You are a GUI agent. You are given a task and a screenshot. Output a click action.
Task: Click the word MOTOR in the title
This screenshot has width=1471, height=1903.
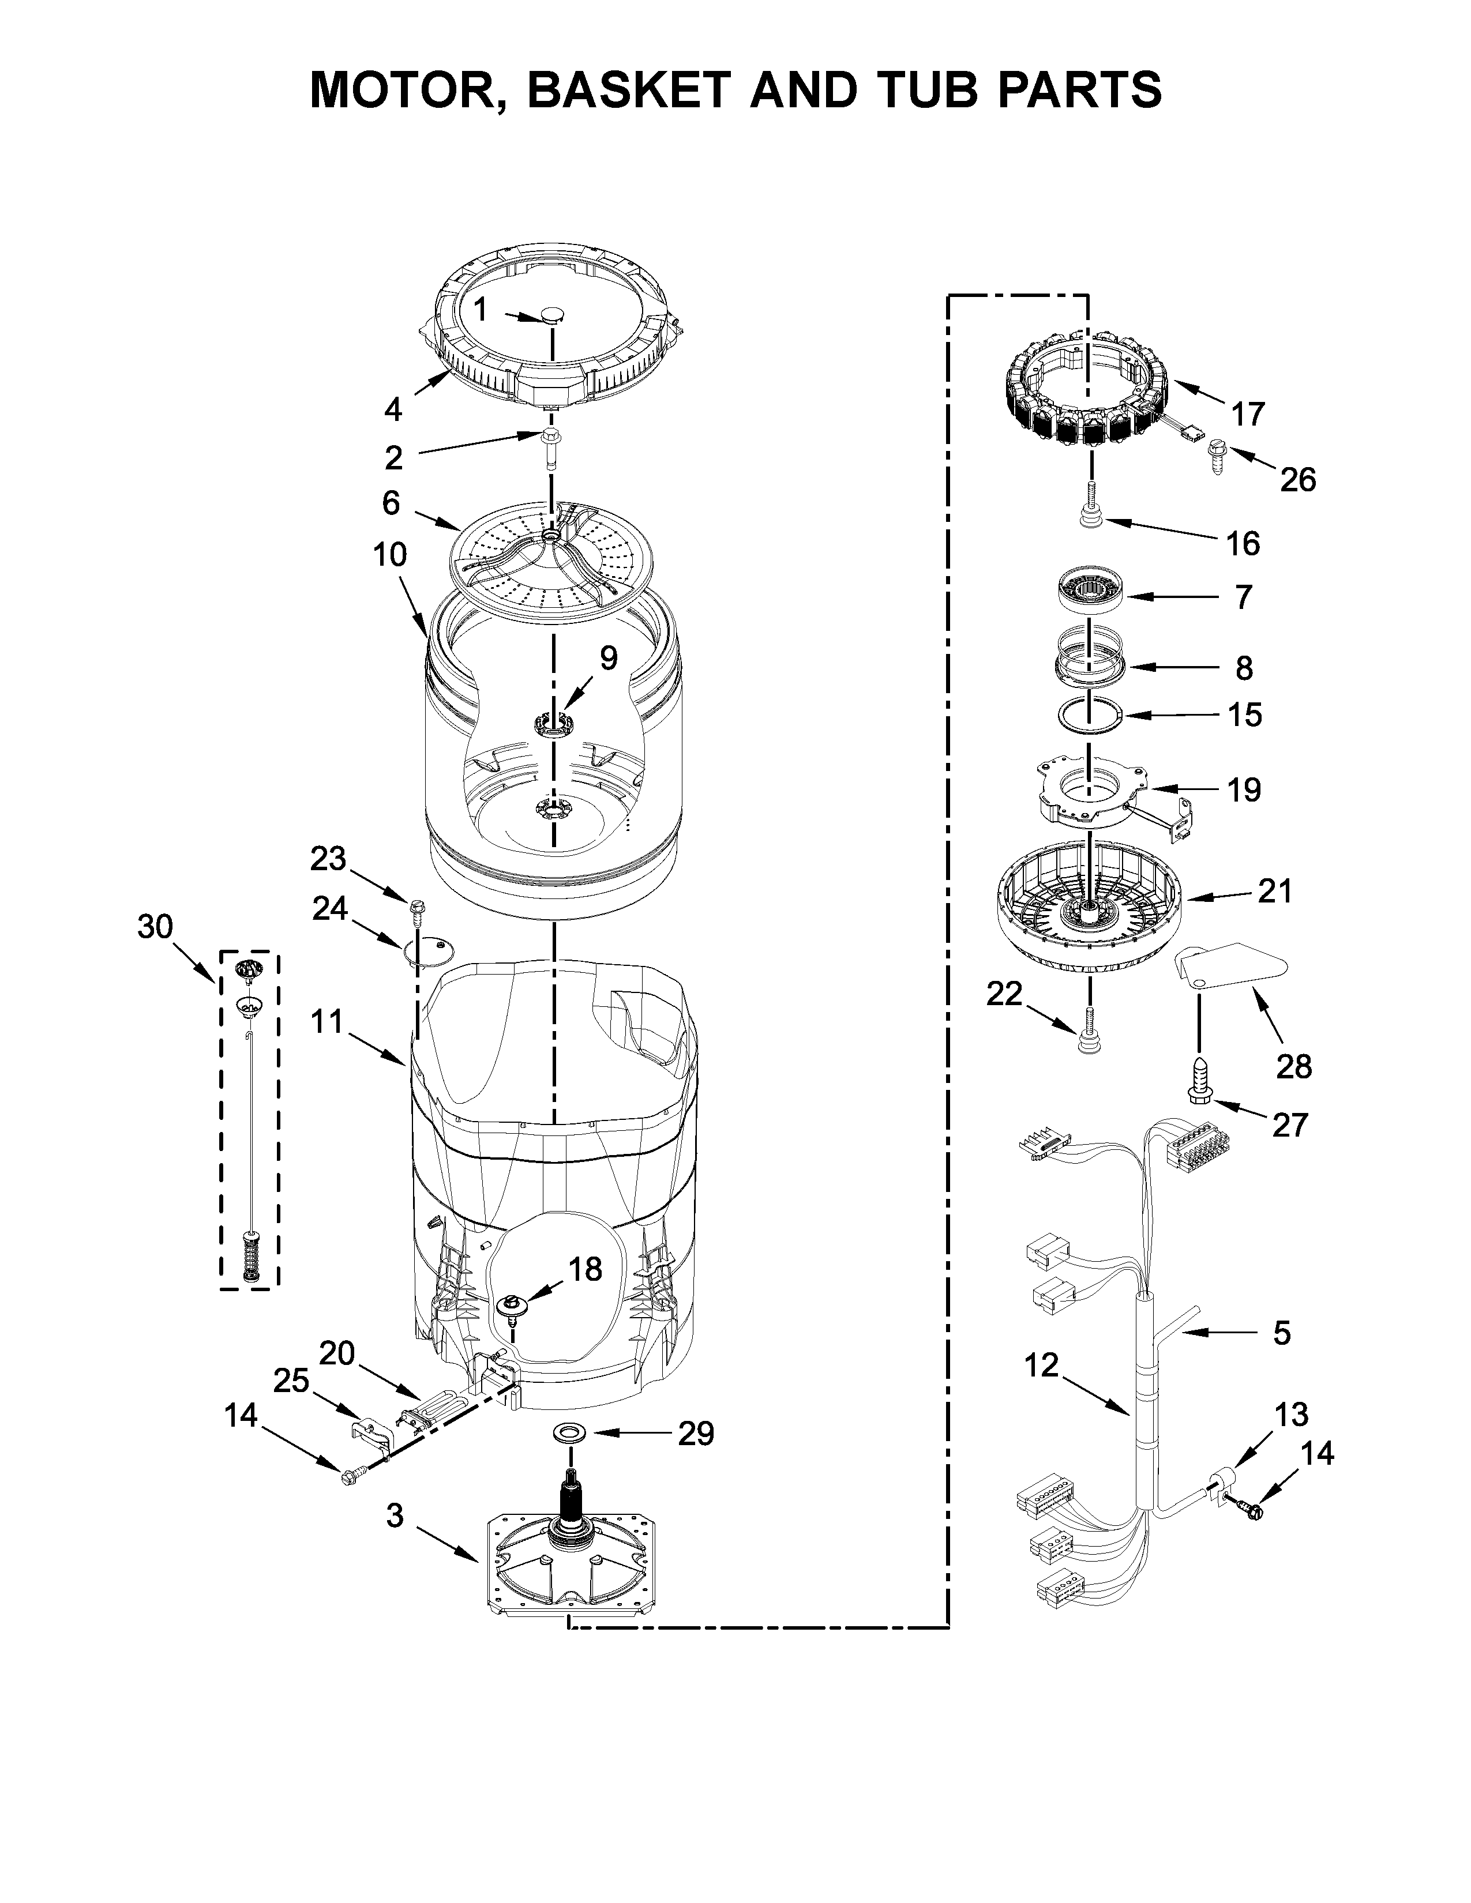(403, 90)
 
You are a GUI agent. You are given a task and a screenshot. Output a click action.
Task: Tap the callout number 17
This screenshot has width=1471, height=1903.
(1247, 414)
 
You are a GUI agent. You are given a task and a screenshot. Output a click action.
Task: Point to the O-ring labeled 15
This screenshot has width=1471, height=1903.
(1089, 716)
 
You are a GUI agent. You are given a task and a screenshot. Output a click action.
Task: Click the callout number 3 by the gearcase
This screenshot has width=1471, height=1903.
(395, 1515)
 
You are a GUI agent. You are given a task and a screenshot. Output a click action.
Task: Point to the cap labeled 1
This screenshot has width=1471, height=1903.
(553, 314)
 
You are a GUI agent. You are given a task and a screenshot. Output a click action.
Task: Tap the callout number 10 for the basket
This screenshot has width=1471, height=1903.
(391, 554)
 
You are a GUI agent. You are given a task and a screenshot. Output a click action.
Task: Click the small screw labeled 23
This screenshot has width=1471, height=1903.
(416, 911)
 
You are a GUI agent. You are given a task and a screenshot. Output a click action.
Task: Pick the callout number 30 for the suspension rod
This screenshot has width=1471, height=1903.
(155, 926)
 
